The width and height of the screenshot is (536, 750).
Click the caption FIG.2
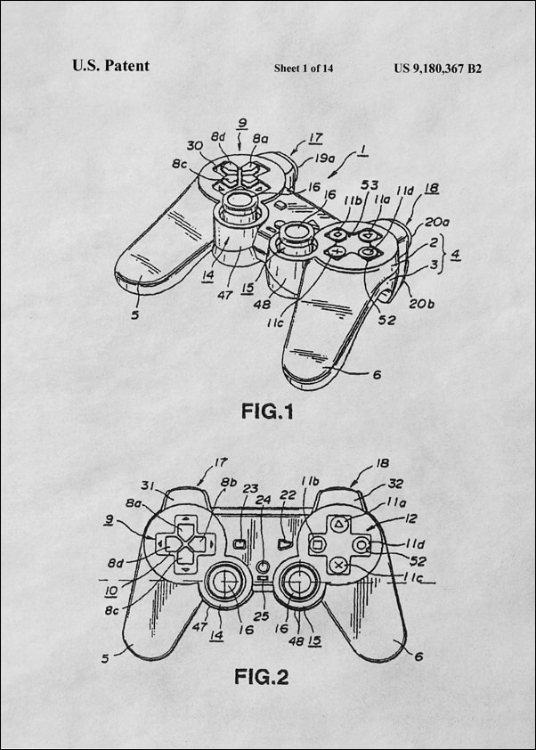262,677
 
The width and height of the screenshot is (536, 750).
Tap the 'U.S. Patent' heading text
110,66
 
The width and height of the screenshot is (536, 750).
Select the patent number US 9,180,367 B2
437,68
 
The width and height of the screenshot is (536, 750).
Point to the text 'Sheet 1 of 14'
304,68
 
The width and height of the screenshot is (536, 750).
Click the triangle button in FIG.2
339,522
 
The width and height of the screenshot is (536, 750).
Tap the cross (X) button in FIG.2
339,563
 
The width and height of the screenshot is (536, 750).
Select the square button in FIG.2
317,542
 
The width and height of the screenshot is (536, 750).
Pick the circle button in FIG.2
361,542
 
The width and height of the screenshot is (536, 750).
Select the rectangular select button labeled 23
240,542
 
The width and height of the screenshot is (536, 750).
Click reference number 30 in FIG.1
195,146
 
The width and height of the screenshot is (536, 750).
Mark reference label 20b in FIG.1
423,303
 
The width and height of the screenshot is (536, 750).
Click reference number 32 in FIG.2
395,485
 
